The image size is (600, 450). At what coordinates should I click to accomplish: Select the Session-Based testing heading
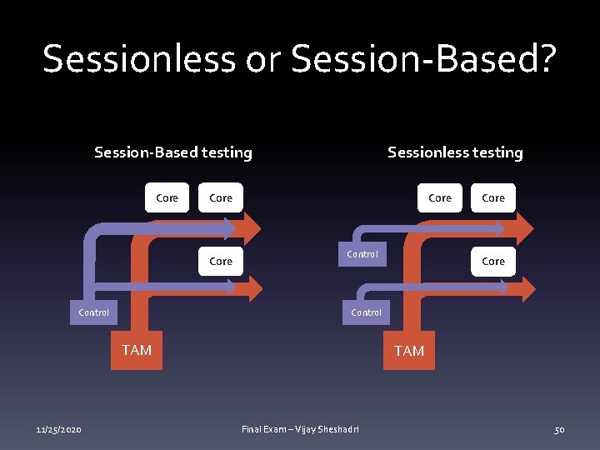click(173, 152)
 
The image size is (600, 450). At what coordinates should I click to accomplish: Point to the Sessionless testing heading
click(455, 152)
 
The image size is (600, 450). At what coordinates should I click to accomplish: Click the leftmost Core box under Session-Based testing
click(167, 198)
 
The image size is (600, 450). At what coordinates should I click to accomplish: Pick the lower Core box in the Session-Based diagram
click(221, 262)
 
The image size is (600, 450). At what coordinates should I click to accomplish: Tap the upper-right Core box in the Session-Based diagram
click(221, 198)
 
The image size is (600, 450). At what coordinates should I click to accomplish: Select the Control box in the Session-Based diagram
click(93, 312)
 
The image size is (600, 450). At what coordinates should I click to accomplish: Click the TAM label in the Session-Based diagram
click(137, 350)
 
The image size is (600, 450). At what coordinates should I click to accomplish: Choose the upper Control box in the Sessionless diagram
click(362, 254)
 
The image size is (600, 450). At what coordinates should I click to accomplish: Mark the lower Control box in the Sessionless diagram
click(367, 312)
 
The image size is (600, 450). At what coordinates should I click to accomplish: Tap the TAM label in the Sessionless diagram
click(409, 351)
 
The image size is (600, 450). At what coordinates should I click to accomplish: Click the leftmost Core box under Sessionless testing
click(440, 198)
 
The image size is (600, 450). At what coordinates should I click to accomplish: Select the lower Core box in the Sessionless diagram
click(493, 262)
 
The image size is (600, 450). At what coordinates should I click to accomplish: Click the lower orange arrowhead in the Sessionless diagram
click(525, 290)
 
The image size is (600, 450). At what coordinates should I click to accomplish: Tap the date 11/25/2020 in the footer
click(58, 429)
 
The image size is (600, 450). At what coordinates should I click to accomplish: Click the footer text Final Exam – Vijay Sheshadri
click(300, 429)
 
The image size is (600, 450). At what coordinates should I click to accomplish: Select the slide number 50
click(559, 429)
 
